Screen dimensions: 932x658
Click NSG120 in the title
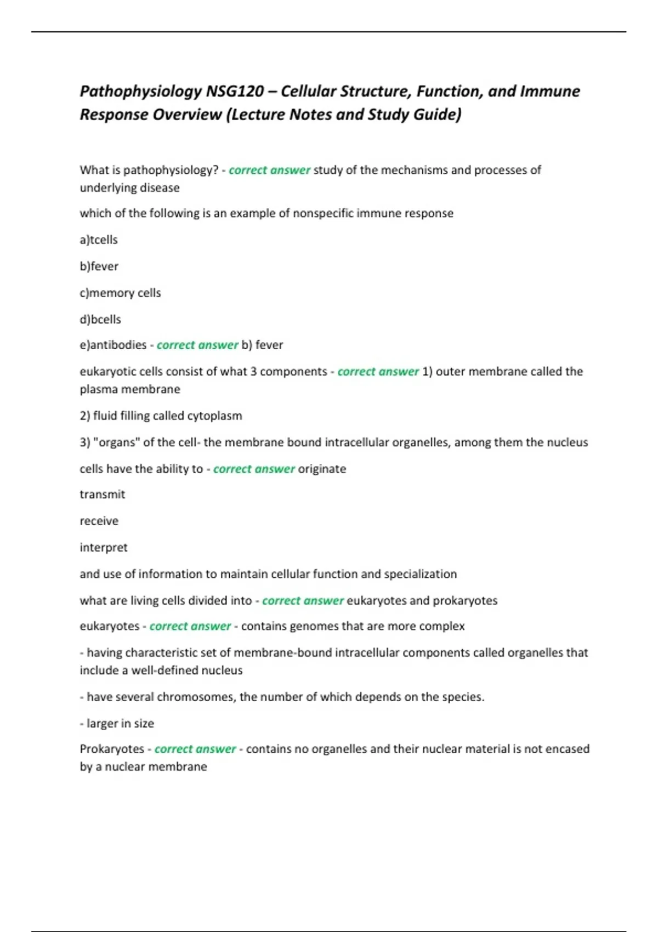(235, 91)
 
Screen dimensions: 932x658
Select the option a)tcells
(99, 240)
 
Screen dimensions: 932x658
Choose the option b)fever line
(99, 266)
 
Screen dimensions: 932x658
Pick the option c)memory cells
(120, 293)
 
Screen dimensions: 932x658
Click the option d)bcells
(100, 319)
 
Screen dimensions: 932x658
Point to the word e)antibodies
(113, 345)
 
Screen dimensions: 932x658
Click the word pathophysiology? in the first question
(171, 170)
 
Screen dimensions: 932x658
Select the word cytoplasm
(214, 416)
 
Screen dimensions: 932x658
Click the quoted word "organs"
(117, 442)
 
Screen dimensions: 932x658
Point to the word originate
(322, 469)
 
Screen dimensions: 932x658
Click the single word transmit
(103, 495)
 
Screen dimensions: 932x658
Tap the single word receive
(99, 521)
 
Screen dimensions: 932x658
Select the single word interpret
(104, 548)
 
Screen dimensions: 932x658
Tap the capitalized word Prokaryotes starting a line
(112, 749)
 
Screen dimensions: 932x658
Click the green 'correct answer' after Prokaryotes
(195, 749)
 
